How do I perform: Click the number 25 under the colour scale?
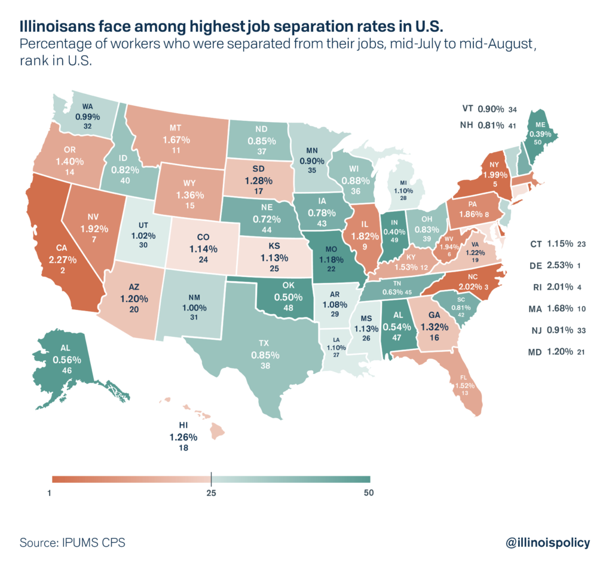point(211,494)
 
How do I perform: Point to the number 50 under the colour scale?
point(368,494)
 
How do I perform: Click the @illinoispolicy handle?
point(547,542)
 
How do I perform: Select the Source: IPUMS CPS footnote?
point(72,543)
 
